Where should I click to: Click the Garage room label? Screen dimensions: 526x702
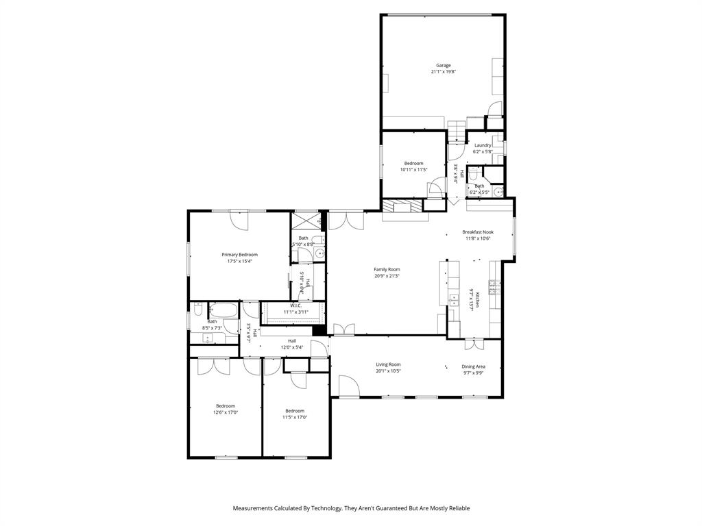[443, 65]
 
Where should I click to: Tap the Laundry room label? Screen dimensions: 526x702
[483, 145]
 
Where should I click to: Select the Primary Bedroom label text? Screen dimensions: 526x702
[239, 255]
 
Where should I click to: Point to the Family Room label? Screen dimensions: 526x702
[387, 269]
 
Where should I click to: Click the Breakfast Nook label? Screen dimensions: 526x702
[478, 232]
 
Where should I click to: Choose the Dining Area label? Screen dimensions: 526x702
[473, 366]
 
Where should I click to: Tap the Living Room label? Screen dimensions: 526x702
[388, 364]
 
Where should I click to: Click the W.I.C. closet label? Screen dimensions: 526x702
[296, 305]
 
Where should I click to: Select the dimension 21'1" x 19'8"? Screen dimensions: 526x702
[443, 72]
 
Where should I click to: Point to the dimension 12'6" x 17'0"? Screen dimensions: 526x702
[226, 412]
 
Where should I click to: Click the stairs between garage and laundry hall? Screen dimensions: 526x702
[457, 129]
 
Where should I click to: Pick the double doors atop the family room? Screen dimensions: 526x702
[346, 220]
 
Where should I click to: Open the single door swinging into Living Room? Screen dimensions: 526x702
[348, 388]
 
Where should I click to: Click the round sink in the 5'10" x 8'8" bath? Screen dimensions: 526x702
[318, 253]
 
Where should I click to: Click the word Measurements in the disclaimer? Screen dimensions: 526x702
[253, 508]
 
